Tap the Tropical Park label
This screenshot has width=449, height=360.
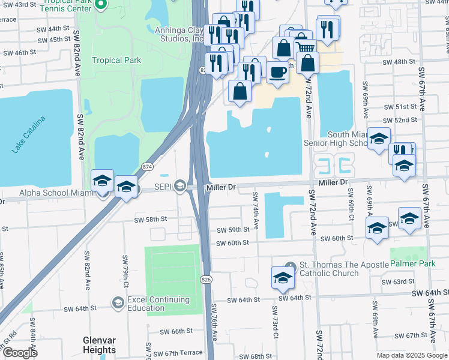[x=116, y=60]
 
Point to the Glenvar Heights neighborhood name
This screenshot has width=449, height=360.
[x=99, y=345]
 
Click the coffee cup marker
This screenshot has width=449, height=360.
[x=277, y=71]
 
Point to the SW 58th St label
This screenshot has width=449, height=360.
[x=151, y=219]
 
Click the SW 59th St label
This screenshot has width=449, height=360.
[x=232, y=230]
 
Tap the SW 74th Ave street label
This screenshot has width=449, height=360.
[x=255, y=211]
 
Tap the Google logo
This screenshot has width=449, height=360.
[x=20, y=353]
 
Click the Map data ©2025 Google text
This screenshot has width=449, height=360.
[x=412, y=355]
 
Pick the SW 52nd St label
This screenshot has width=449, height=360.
[x=402, y=120]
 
